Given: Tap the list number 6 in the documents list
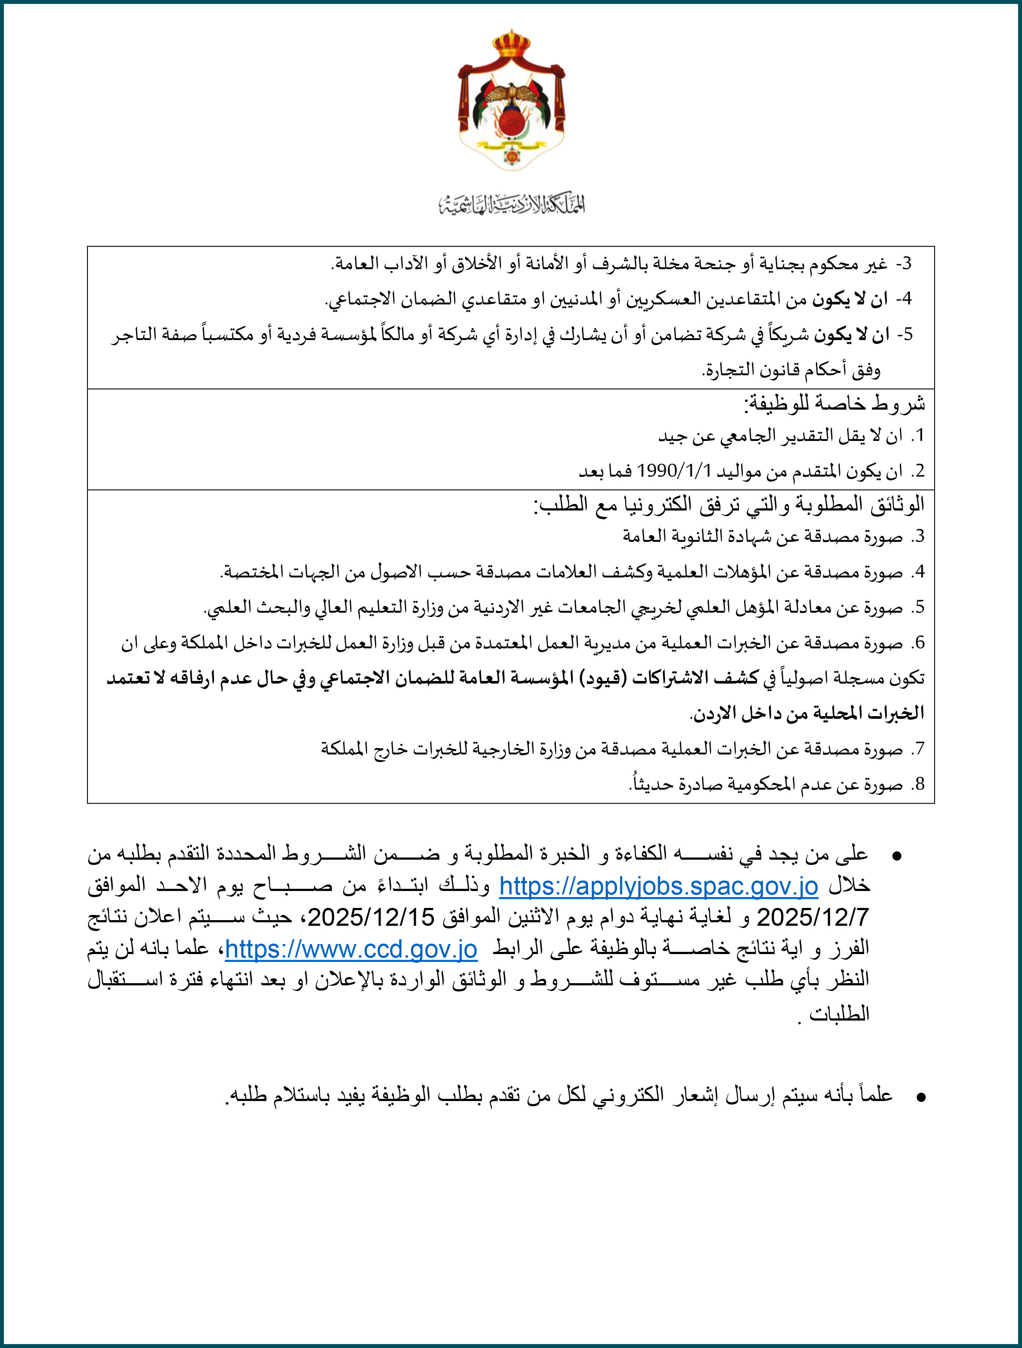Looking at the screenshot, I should pos(919,644).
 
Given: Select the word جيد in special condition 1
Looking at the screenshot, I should pos(671,436).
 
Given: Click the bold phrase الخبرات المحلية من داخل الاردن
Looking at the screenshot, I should pos(808,714).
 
